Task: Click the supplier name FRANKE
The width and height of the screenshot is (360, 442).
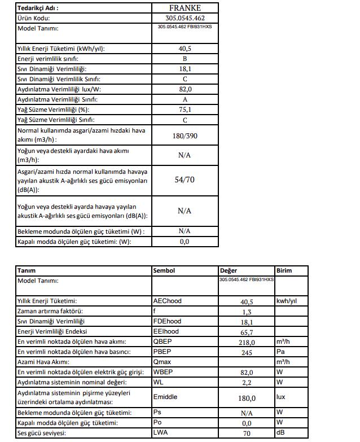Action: pos(185,8)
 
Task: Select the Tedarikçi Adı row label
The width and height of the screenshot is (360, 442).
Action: pos(38,8)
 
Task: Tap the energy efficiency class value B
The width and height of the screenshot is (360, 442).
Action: pos(185,59)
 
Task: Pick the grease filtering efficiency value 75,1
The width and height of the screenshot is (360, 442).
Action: pos(185,110)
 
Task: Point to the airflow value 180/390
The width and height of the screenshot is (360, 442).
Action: pos(185,136)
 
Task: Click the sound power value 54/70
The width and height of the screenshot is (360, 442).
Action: pos(185,180)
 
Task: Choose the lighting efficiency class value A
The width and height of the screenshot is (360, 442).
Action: pos(185,99)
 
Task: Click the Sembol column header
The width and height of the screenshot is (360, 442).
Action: pos(164,270)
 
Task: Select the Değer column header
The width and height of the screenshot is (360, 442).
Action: pos(229,270)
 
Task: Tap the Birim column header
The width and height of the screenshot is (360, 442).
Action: pos(284,270)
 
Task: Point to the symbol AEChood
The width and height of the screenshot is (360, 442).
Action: pos(168,301)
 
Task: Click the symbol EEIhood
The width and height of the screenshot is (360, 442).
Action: pos(167,331)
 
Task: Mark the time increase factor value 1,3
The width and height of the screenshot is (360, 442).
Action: pos(247,312)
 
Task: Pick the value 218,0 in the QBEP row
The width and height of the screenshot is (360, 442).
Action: pos(247,342)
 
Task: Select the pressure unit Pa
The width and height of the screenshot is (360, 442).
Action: pos(280,352)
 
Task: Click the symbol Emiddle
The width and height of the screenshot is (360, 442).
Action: pos(165,397)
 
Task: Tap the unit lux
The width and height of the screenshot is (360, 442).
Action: pos(281,397)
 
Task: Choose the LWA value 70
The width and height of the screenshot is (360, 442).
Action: pos(247,434)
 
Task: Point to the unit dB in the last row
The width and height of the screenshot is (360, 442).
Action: pos(280,433)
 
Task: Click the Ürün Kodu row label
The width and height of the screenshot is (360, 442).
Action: pos(34,18)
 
